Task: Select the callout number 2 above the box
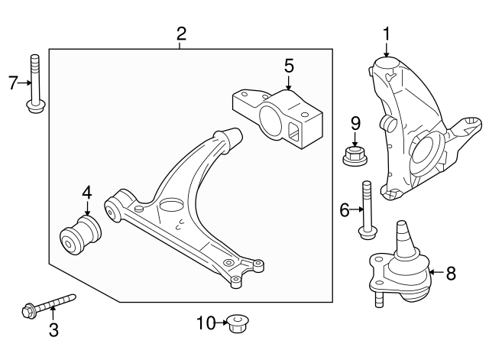(181, 33)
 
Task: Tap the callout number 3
(53, 330)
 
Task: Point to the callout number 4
(87, 193)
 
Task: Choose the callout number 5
(289, 66)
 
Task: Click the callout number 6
(345, 208)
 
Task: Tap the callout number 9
(355, 122)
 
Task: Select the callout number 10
(205, 323)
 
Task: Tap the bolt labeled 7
(34, 84)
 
